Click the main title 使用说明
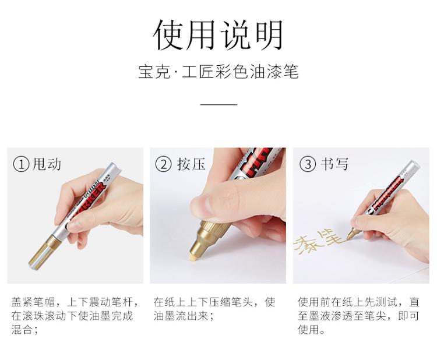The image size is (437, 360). tap(218, 36)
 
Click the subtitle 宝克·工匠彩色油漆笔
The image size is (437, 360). tap(218, 72)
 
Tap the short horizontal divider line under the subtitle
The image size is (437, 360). tap(218, 104)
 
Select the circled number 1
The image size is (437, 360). tap(21, 164)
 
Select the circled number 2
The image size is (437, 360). tap(163, 164)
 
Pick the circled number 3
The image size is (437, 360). tap(308, 164)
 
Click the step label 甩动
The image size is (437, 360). tap(47, 164)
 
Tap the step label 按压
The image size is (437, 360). tap(191, 164)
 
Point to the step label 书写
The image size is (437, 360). tap(334, 164)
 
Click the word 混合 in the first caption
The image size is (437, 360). tap(22, 330)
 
